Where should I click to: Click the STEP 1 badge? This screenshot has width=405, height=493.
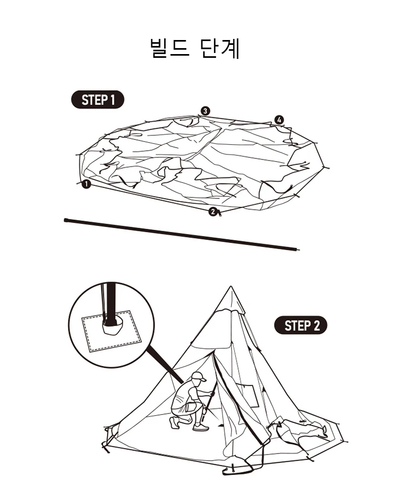click(98, 100)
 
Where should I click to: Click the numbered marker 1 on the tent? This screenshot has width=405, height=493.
click(86, 184)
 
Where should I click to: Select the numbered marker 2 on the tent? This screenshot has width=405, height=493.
click(213, 211)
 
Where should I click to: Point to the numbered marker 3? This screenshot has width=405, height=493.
click(205, 111)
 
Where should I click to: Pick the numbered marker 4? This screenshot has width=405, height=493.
click(279, 119)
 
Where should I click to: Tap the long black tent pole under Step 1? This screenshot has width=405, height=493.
click(181, 234)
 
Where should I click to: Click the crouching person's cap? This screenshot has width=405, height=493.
click(198, 377)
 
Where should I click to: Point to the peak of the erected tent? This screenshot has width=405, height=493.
click(231, 288)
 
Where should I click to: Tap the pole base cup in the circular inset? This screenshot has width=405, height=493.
click(112, 325)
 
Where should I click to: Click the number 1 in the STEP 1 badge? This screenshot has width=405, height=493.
click(112, 100)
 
